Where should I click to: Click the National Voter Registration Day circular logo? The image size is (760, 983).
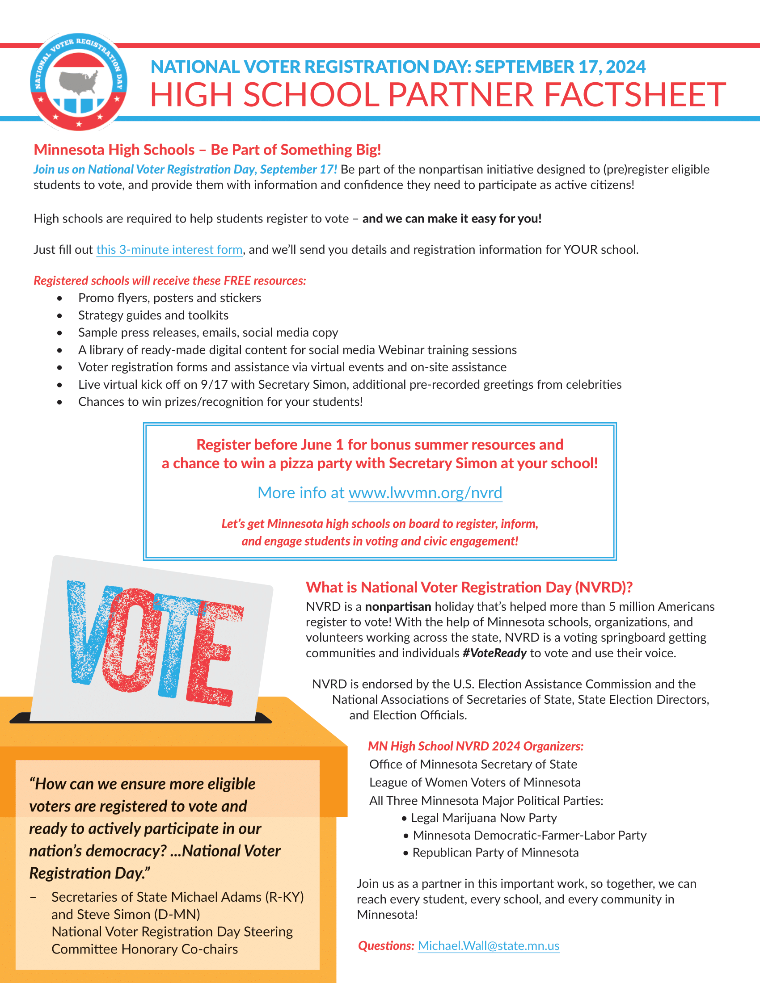[x=78, y=82]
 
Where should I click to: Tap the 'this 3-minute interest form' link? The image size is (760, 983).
[x=169, y=250]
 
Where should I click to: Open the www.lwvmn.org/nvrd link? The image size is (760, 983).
[x=425, y=493]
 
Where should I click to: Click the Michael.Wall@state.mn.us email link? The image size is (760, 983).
[x=489, y=945]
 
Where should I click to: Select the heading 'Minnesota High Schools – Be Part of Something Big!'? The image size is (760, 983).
[x=207, y=149]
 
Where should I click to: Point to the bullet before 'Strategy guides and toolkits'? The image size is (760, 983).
[x=59, y=316]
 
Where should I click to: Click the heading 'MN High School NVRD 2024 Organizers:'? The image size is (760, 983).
[x=476, y=746]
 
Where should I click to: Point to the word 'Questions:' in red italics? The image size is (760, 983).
[x=386, y=945]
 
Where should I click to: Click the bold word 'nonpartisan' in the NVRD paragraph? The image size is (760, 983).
[x=397, y=607]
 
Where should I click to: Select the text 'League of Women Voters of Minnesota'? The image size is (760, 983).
[x=474, y=782]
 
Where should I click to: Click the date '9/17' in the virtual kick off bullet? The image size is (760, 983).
[x=211, y=385]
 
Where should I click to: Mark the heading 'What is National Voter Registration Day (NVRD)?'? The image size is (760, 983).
[x=469, y=588]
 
